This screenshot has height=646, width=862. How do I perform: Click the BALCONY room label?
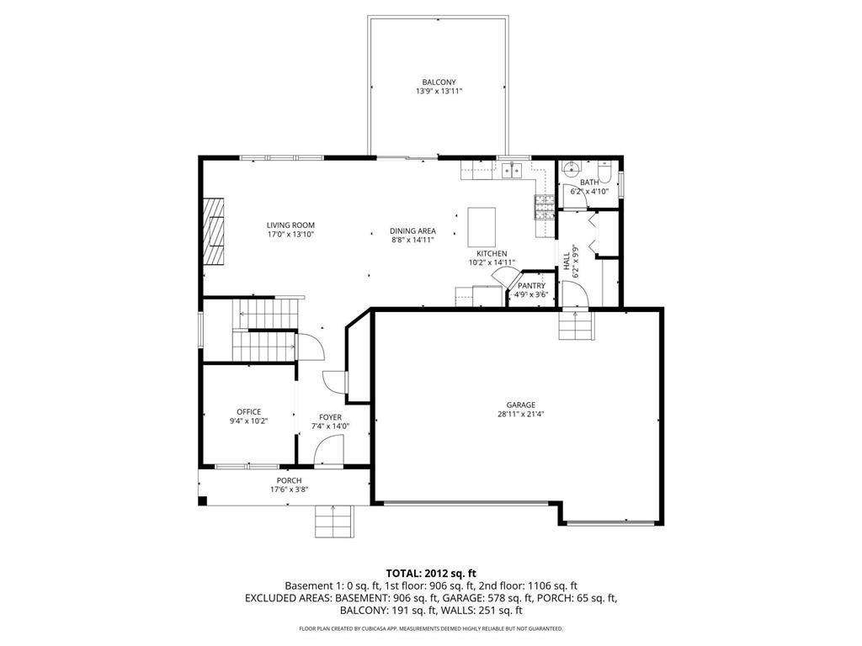439,82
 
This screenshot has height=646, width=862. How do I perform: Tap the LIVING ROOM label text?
290,225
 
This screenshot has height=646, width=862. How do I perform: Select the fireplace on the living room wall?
215,231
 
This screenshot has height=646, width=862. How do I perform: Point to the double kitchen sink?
512,172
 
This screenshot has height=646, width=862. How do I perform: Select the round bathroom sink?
569,167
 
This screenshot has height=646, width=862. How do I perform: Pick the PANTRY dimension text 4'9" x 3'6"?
532,294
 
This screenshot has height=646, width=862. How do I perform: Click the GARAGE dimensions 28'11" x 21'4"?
520,414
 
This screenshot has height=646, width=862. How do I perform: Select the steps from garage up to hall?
576,326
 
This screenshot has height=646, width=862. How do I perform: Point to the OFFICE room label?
248,412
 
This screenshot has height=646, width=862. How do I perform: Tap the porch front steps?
334,522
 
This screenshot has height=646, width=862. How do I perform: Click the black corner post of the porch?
202,502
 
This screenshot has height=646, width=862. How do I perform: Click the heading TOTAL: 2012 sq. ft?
431,573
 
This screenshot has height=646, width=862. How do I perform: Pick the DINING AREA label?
412,230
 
